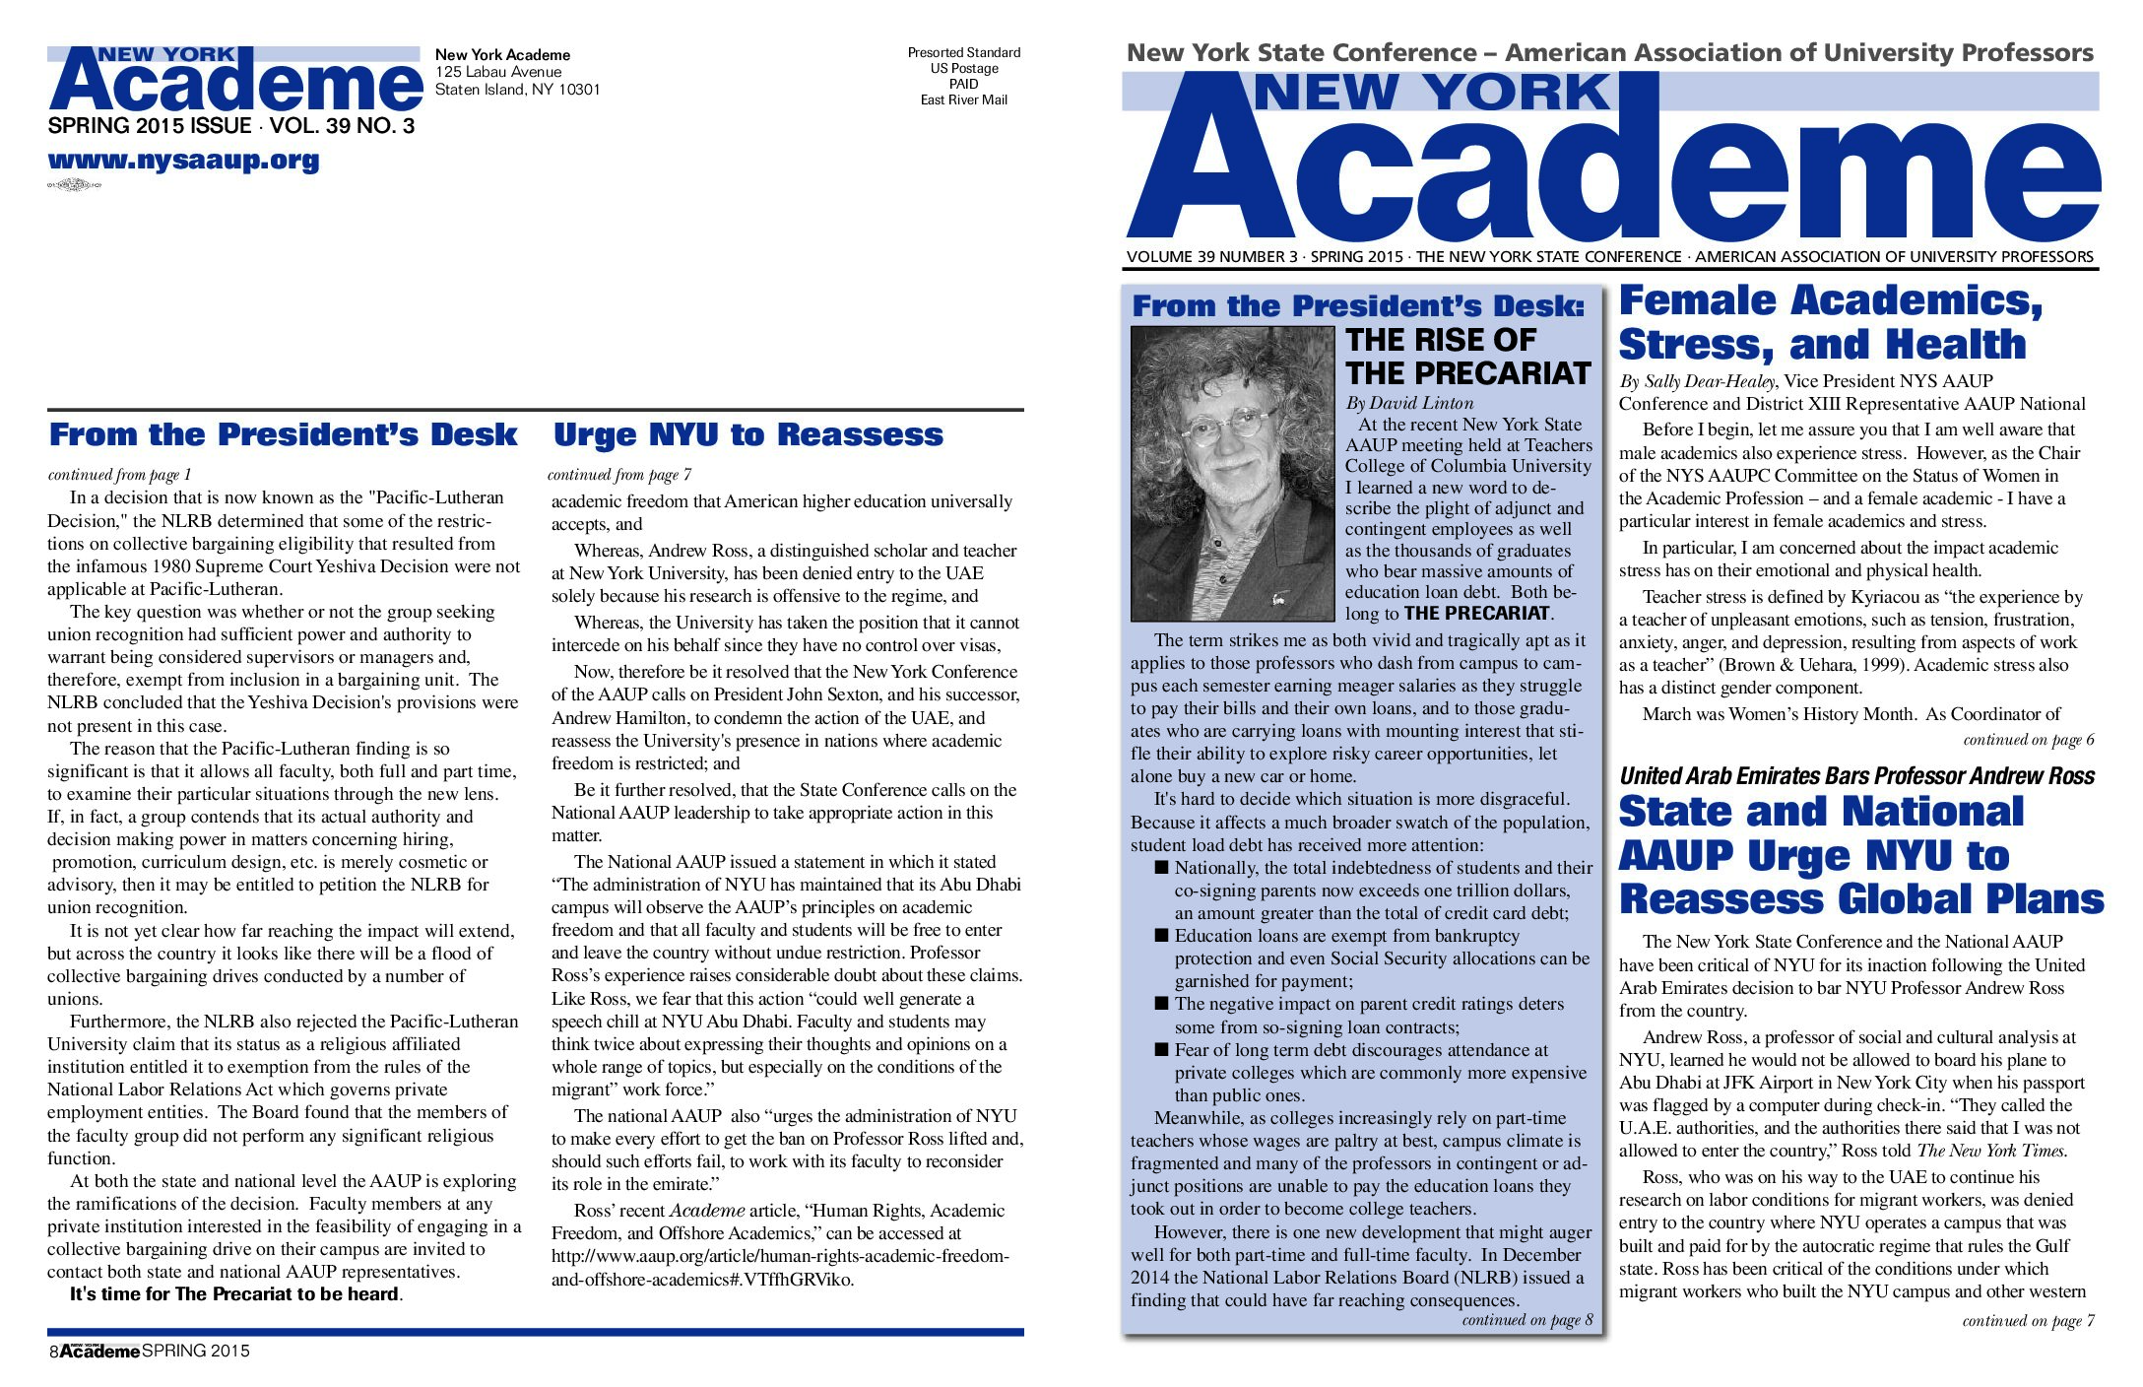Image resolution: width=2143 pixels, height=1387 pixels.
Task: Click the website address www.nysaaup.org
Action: (x=183, y=161)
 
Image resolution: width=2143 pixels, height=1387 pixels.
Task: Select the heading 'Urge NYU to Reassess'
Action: (x=747, y=434)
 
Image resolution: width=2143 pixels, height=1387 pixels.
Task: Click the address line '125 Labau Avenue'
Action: (x=498, y=72)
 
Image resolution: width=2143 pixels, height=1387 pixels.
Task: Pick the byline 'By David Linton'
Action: (x=1409, y=403)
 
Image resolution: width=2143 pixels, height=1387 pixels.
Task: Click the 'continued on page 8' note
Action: (x=1526, y=1320)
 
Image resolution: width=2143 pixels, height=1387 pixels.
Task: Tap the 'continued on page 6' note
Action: (x=2028, y=739)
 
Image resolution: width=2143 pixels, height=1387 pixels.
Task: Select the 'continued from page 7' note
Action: (x=619, y=475)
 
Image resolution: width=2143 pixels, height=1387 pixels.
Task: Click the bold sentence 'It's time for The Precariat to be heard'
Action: (x=234, y=1294)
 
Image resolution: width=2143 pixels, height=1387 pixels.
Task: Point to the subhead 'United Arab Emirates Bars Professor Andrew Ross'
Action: (x=1856, y=776)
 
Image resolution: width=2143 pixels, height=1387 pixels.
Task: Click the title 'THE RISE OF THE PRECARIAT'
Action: (x=1467, y=357)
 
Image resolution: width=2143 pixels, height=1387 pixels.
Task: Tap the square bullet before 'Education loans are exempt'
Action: (x=1162, y=935)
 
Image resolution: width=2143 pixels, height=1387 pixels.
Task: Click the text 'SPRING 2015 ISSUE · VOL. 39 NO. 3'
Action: (x=230, y=126)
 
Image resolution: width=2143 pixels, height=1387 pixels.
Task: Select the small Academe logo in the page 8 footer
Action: (x=99, y=1351)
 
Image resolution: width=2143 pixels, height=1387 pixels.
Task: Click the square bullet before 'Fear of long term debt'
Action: (x=1162, y=1049)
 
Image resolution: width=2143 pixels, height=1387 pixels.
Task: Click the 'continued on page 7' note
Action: (x=2028, y=1321)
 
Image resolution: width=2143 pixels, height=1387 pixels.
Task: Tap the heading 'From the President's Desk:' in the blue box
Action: (x=1358, y=306)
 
